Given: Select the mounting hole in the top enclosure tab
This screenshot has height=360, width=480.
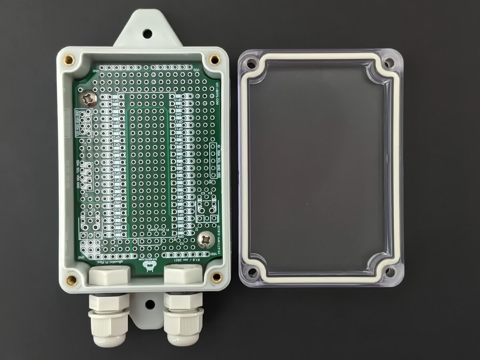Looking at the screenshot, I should [147, 34].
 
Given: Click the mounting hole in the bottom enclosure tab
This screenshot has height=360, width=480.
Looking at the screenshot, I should [150, 304].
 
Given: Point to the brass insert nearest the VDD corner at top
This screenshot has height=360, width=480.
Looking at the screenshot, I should [215, 60].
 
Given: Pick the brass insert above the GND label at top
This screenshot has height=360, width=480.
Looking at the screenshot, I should [69, 60].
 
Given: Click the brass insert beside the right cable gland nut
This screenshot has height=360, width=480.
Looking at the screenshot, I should [216, 277].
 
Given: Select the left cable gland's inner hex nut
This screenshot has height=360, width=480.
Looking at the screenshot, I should [109, 275].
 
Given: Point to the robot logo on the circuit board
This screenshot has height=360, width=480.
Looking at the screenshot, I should [150, 268].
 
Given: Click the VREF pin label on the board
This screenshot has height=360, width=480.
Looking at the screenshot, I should [117, 202].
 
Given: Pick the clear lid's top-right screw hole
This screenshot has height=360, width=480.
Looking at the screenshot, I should [388, 63].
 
